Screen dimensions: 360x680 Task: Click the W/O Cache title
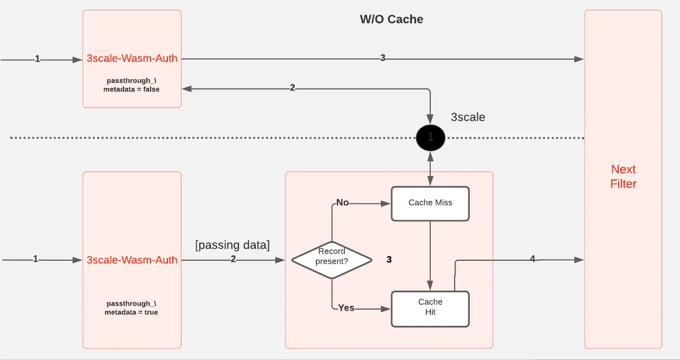coord(391,20)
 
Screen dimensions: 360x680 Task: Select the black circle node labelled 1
coord(430,138)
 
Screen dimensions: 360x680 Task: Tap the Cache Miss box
coord(430,203)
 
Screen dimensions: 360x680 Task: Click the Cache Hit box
coord(430,307)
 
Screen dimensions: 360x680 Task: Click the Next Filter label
coord(623,177)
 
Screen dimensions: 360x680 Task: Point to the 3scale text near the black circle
coord(468,117)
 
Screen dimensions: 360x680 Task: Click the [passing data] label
coord(232,245)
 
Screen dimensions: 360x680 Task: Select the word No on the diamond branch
coord(342,203)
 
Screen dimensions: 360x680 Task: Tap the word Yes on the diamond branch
coord(346,308)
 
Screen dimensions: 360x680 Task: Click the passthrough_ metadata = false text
coord(132,85)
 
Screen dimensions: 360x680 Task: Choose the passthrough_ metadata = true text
coord(132,308)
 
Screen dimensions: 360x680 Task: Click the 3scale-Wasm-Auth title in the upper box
coord(132,59)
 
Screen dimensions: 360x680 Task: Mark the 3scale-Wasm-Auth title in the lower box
coord(132,260)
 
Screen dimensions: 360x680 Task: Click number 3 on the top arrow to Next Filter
coord(383,59)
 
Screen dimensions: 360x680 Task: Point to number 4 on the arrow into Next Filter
coord(532,260)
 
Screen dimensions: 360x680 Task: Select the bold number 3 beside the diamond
coord(388,260)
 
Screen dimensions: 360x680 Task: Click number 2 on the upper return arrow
coord(293,88)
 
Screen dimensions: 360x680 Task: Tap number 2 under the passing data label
coord(233,260)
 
